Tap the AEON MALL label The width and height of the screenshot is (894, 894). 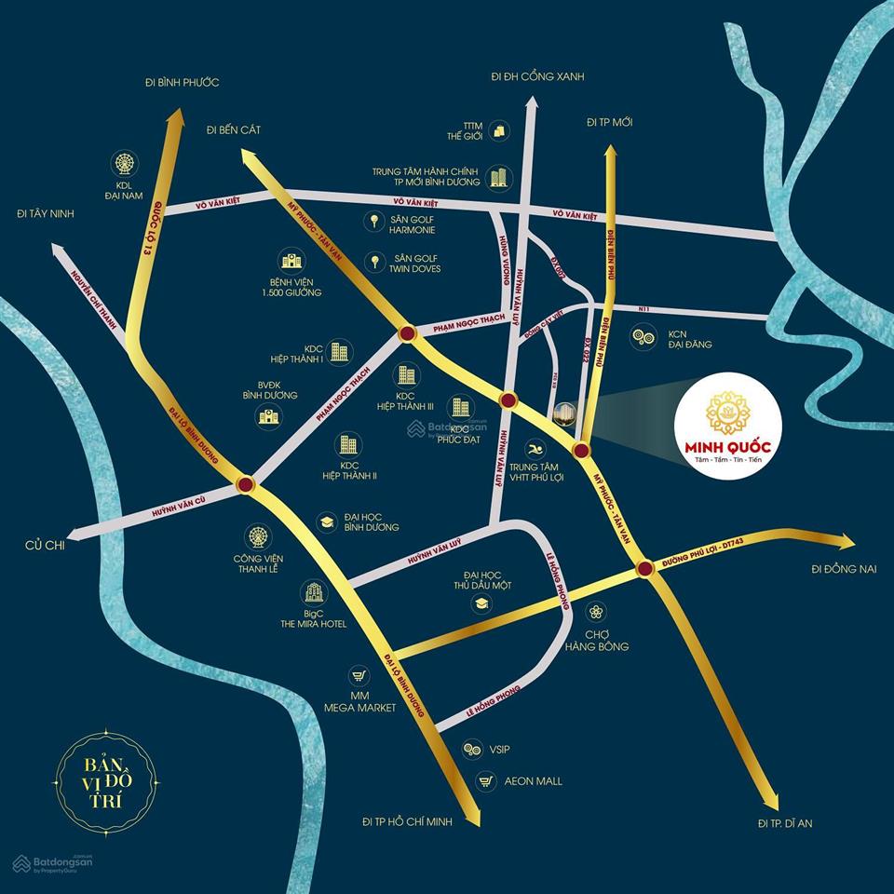click(535, 780)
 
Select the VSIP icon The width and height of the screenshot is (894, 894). click(472, 749)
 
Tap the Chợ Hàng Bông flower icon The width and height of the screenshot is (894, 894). click(596, 612)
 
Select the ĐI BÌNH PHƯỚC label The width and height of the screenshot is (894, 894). click(181, 83)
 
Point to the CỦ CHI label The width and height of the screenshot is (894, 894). click(45, 546)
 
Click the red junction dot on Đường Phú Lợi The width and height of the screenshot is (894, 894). click(644, 569)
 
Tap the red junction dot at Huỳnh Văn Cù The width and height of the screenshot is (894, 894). click(246, 485)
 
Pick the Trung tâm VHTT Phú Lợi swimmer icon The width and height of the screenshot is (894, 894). click(535, 448)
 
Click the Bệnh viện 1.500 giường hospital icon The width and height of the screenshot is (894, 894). click(291, 260)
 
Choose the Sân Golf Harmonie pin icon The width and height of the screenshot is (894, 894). click(374, 222)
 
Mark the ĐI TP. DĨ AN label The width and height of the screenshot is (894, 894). click(785, 823)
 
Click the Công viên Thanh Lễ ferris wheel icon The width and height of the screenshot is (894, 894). click(257, 536)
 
